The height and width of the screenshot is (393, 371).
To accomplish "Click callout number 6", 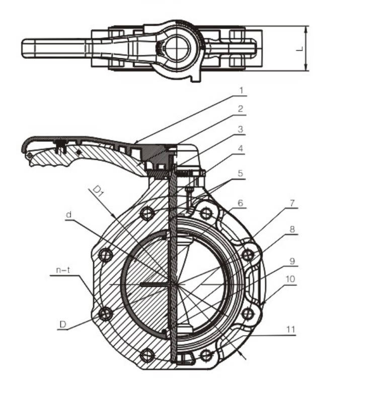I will coord(241,203).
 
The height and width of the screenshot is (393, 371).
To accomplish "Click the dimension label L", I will coord(299,49).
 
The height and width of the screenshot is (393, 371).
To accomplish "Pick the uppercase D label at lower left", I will coord(62,325).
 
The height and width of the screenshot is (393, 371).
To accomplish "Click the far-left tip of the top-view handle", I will coord(23,48).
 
